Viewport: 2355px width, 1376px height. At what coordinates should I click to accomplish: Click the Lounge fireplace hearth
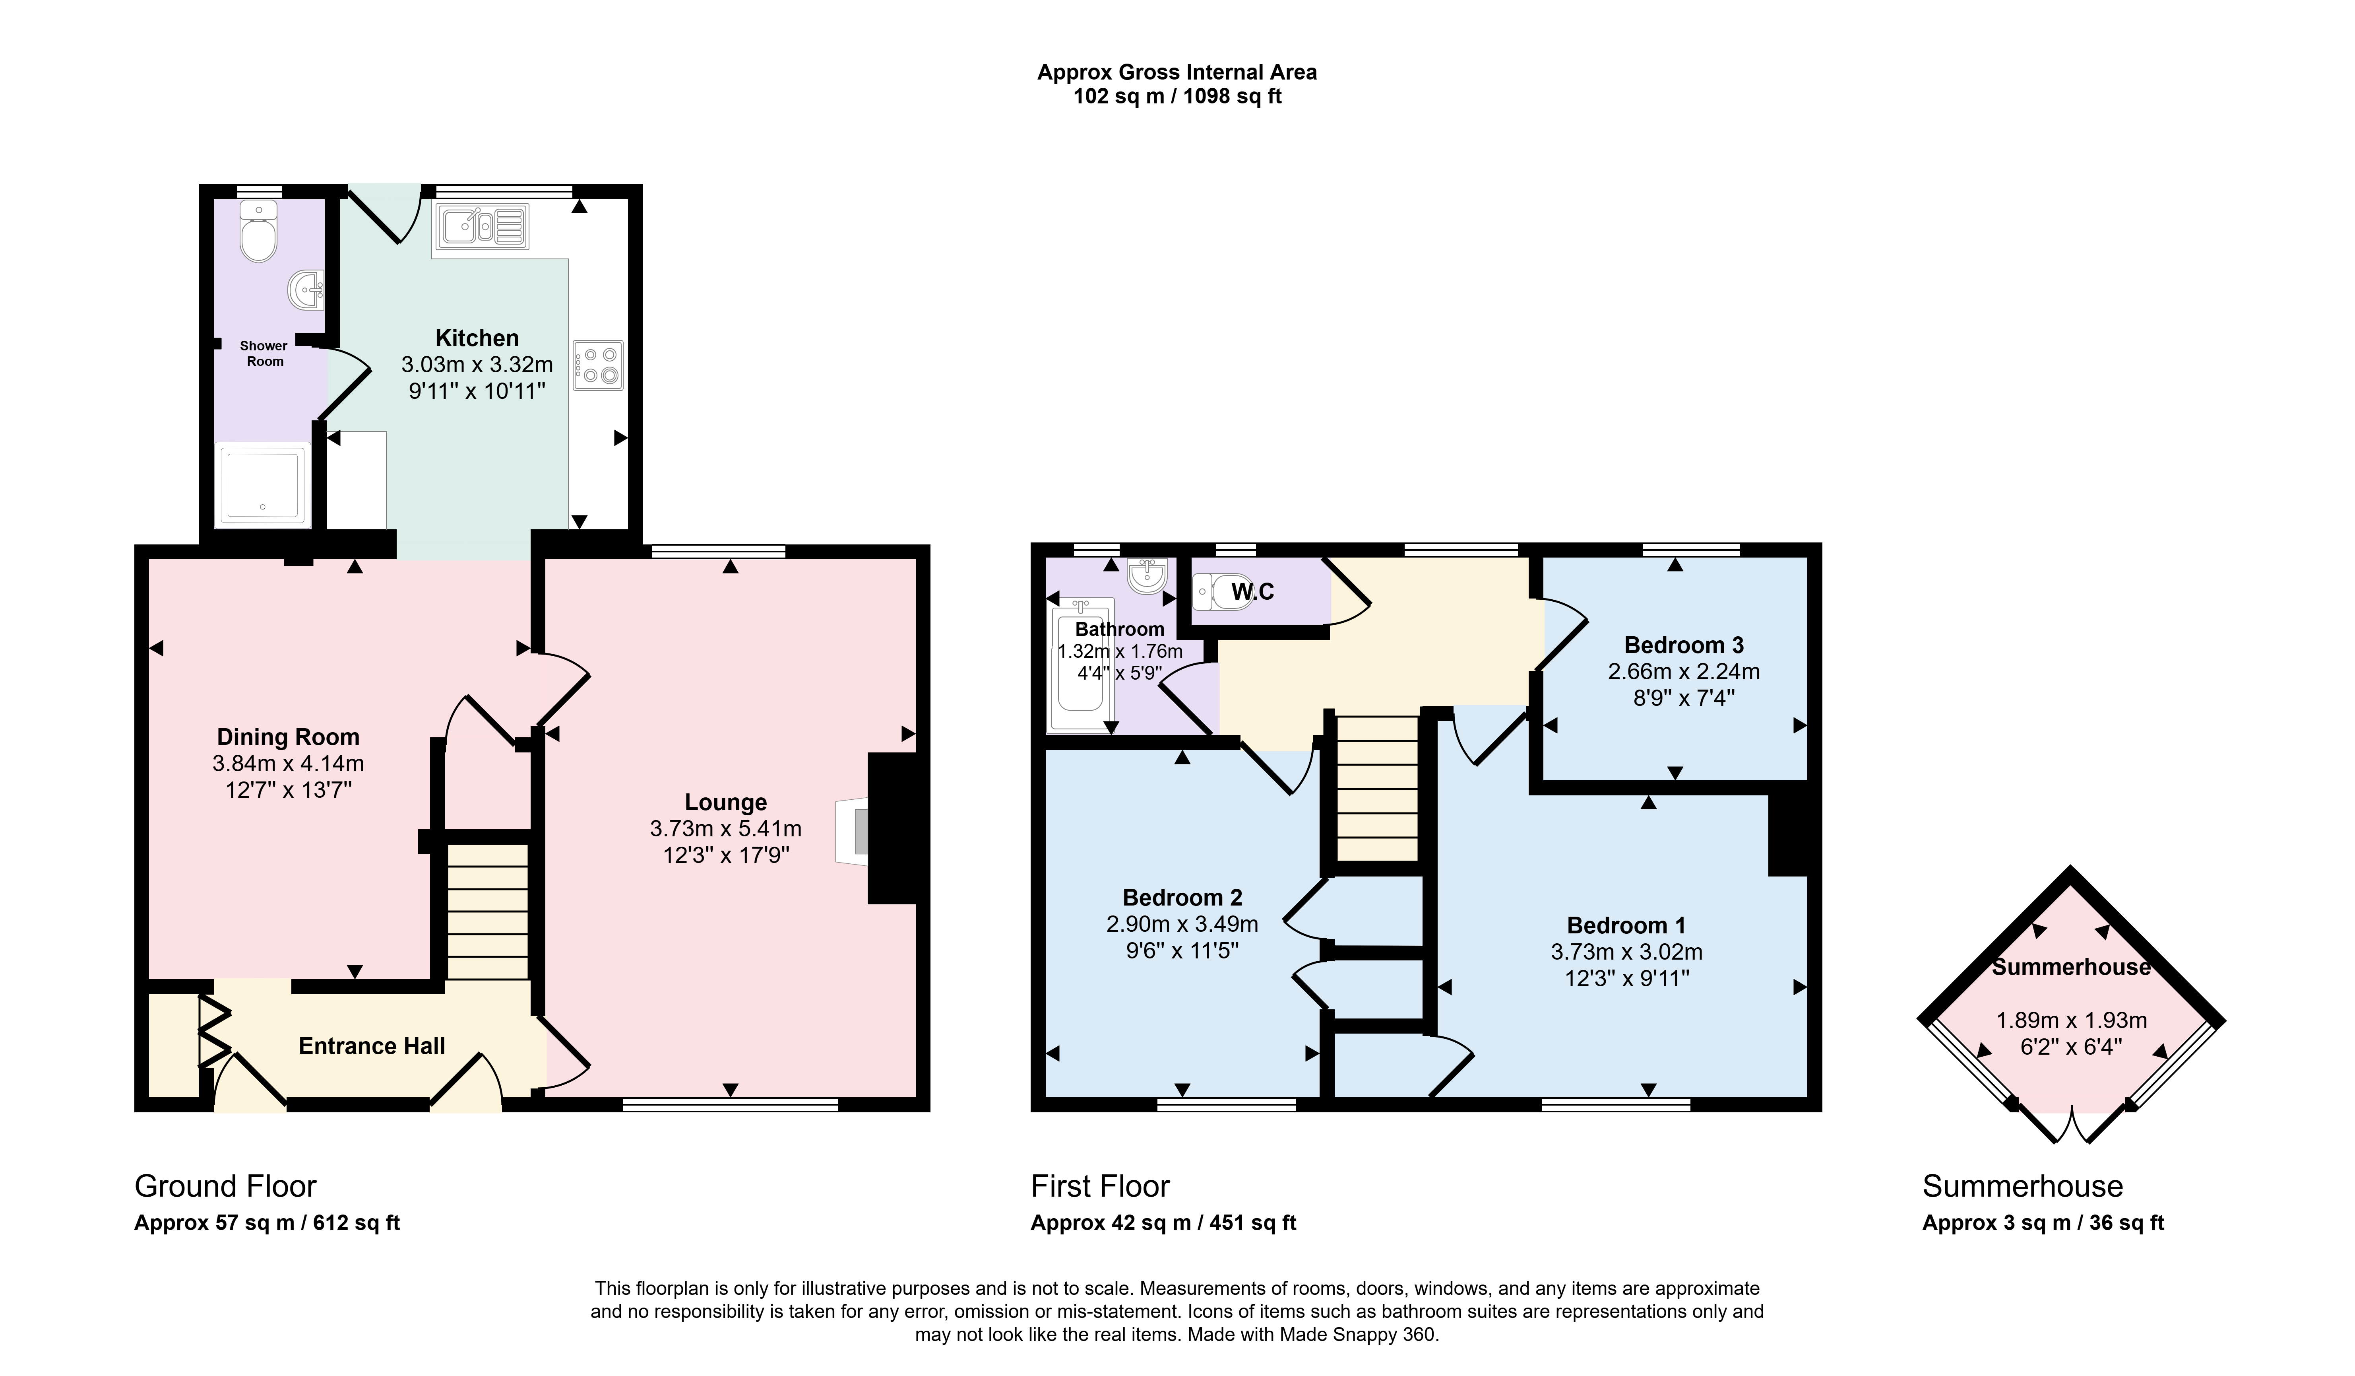[852, 830]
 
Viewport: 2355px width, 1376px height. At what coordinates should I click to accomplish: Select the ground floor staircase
[488, 912]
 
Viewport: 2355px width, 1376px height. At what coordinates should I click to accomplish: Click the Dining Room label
[288, 737]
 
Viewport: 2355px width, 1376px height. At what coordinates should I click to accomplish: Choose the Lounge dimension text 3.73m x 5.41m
[726, 828]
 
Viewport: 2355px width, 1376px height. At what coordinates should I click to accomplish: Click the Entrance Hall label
[372, 1046]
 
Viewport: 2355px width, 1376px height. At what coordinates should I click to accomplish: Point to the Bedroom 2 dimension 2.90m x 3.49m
[1182, 923]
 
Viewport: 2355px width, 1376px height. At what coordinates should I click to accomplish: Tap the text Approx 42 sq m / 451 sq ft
[1163, 1223]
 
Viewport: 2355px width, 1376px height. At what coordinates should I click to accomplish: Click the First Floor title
[1100, 1186]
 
